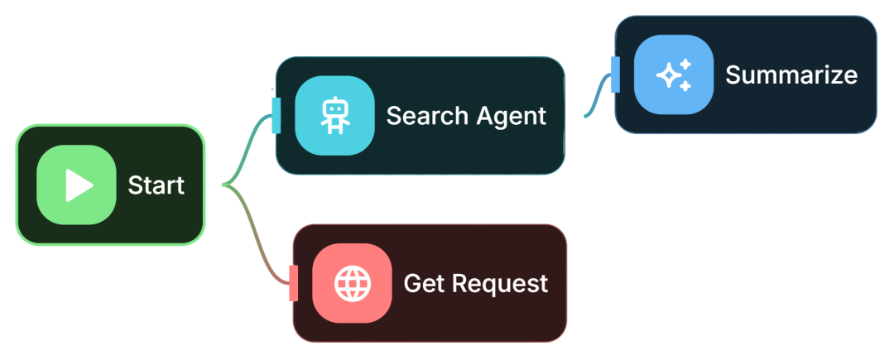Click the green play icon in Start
[76, 185]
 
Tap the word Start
[156, 185]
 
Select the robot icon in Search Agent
[334, 116]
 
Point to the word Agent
[510, 117]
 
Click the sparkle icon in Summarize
[674, 74]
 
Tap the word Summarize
[791, 74]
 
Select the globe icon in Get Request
[353, 283]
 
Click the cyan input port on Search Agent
[276, 116]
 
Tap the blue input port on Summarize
[615, 74]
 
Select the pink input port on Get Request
[294, 283]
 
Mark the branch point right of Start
[224, 185]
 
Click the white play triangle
[79, 185]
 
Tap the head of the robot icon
[334, 108]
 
